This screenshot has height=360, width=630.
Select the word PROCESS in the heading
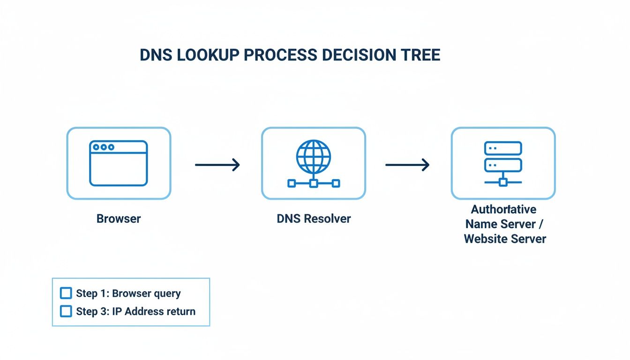tap(280, 55)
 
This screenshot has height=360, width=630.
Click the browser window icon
tap(119, 163)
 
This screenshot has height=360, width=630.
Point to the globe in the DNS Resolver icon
tap(314, 156)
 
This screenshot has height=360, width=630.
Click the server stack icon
tap(503, 163)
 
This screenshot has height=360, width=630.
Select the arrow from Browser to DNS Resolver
tap(217, 165)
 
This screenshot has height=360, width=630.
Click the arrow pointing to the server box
tap(407, 165)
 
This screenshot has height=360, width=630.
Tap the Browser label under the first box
tap(119, 218)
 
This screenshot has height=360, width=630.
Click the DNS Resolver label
tap(314, 218)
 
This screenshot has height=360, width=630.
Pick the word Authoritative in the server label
tap(504, 209)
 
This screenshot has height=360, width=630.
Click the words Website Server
tap(505, 239)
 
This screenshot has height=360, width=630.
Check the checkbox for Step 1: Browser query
tap(66, 293)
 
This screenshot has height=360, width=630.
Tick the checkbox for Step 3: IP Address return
tap(66, 311)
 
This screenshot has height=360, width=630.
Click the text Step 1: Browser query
tap(128, 293)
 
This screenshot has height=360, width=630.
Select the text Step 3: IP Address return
tap(135, 311)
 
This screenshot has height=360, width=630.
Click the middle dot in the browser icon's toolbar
tap(104, 147)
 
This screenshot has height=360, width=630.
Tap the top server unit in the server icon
tap(503, 148)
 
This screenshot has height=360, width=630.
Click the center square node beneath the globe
tap(314, 183)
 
